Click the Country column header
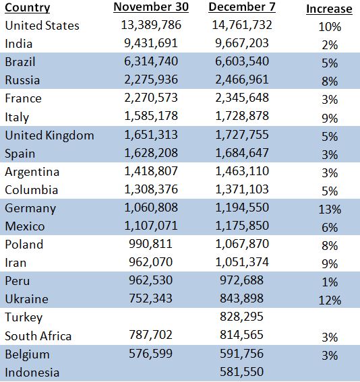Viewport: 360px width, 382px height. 27,7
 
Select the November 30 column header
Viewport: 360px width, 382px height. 151,7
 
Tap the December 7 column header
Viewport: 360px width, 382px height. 242,7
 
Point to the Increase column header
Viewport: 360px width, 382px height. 329,9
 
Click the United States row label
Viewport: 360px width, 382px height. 42,26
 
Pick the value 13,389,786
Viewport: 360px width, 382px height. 151,25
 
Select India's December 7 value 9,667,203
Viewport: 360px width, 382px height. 242,43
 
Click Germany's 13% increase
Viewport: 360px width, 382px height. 330,210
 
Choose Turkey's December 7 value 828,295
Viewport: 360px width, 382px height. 242,317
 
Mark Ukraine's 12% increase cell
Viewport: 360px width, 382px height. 330,300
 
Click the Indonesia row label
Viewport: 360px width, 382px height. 32,373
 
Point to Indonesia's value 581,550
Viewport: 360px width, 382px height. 242,372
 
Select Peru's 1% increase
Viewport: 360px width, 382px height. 330,282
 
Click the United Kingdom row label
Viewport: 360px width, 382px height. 49,135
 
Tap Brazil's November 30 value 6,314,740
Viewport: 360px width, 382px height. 151,61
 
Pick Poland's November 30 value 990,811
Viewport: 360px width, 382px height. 150,244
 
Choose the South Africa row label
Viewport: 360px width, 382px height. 38,336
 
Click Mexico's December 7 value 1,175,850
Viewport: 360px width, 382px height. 242,225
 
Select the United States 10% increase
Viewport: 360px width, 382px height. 330,27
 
